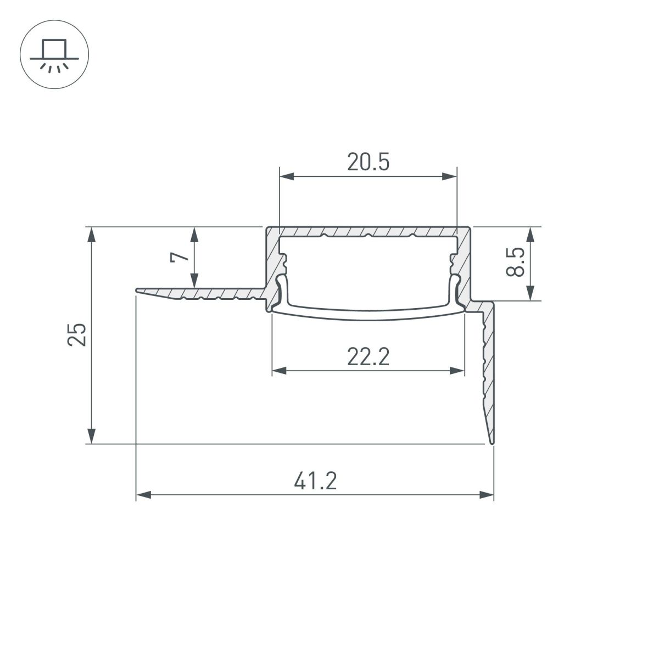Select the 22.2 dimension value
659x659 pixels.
[x=368, y=357]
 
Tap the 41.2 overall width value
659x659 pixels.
[x=315, y=482]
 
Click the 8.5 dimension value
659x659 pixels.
[x=517, y=262]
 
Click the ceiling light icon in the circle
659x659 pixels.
[x=54, y=55]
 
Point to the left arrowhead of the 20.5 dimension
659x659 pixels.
[x=287, y=176]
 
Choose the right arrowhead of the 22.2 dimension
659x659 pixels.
[x=457, y=371]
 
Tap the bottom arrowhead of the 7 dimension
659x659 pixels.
[x=194, y=280]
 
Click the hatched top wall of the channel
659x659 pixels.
[x=368, y=231]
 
